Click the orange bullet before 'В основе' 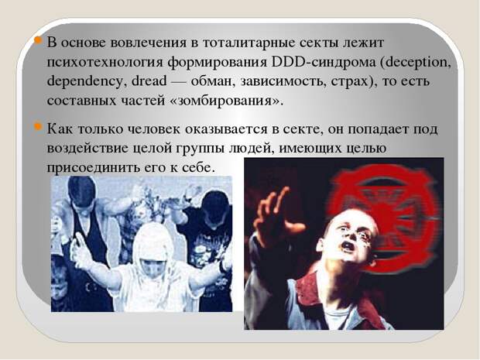point(38,40)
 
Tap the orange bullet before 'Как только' point(38,126)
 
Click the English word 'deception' point(417,63)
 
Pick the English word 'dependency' point(84,82)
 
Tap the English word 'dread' point(149,81)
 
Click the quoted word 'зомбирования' point(225,101)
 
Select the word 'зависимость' point(282,82)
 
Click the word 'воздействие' point(87,149)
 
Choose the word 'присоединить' point(91,168)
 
